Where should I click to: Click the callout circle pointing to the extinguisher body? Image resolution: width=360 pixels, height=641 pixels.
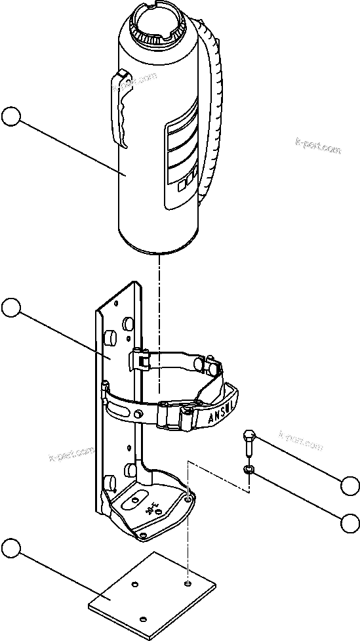11,117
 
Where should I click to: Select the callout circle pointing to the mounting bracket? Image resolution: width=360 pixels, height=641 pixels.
11,307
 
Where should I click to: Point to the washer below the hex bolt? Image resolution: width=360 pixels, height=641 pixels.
249,470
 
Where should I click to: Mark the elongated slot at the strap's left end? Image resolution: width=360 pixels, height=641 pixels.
121,411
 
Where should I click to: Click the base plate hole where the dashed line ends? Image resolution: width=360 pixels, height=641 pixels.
188,582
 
